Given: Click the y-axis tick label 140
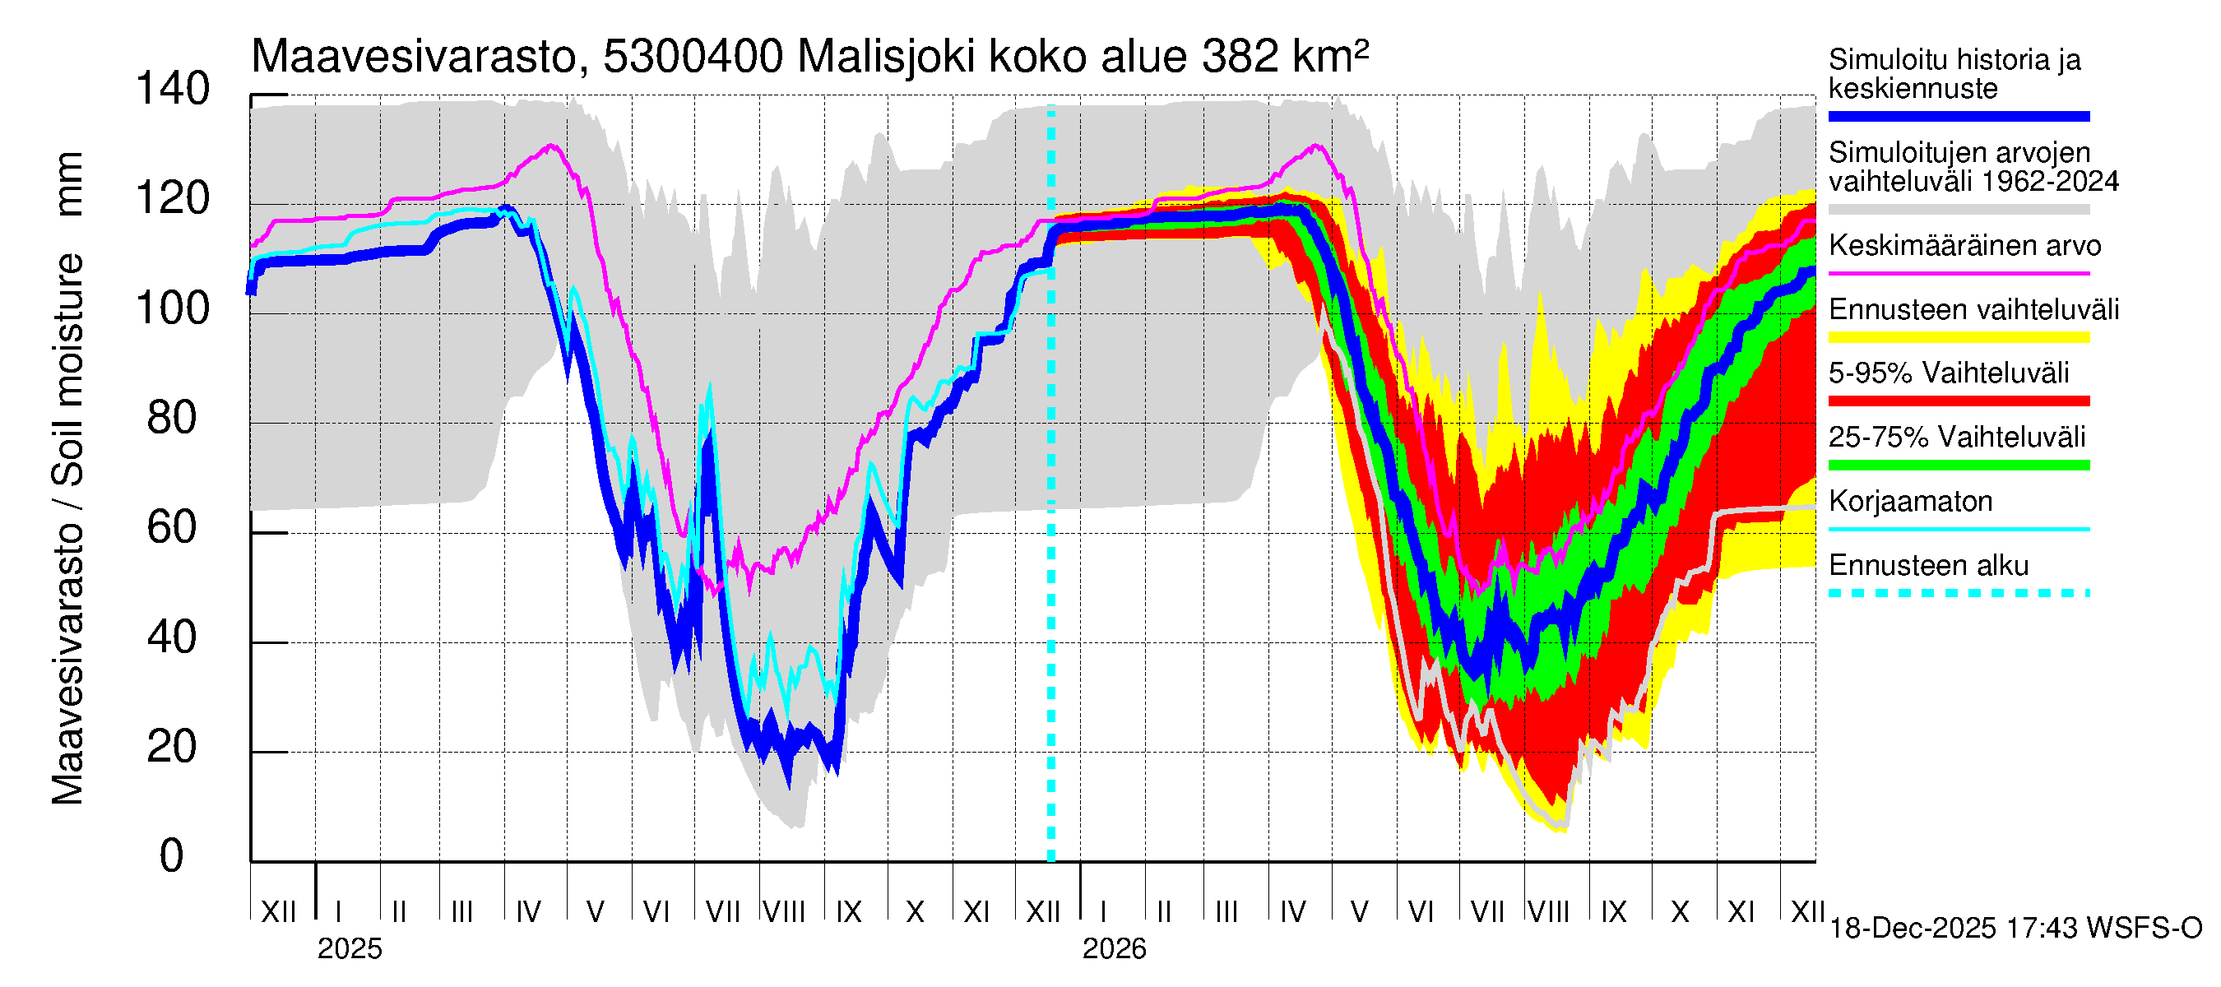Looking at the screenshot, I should click(173, 90).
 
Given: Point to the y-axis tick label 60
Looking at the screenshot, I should click(173, 527).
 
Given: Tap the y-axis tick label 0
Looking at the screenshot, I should click(172, 856).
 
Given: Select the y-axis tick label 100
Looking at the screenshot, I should click(173, 308).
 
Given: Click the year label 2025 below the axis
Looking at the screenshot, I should click(349, 949).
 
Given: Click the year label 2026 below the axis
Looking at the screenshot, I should click(1114, 949).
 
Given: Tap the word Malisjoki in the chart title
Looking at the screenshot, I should click(886, 58).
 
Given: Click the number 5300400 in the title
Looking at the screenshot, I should click(693, 58).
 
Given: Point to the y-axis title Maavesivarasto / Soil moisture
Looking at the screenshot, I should click(67, 479).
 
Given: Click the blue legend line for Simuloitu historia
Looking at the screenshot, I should click(1959, 116).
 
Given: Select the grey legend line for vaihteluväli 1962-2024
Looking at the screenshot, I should click(1959, 210).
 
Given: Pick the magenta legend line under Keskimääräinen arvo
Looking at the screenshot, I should click(1959, 273).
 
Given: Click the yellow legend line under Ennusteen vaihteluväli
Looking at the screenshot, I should click(1959, 337).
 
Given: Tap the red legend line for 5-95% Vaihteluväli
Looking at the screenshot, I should click(1959, 401).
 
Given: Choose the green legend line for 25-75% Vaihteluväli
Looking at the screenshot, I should click(1959, 466).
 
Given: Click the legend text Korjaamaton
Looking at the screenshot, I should click(1911, 502).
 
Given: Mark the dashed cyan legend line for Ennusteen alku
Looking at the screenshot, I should click(1959, 593).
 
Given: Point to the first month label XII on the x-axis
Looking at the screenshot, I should click(278, 911).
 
